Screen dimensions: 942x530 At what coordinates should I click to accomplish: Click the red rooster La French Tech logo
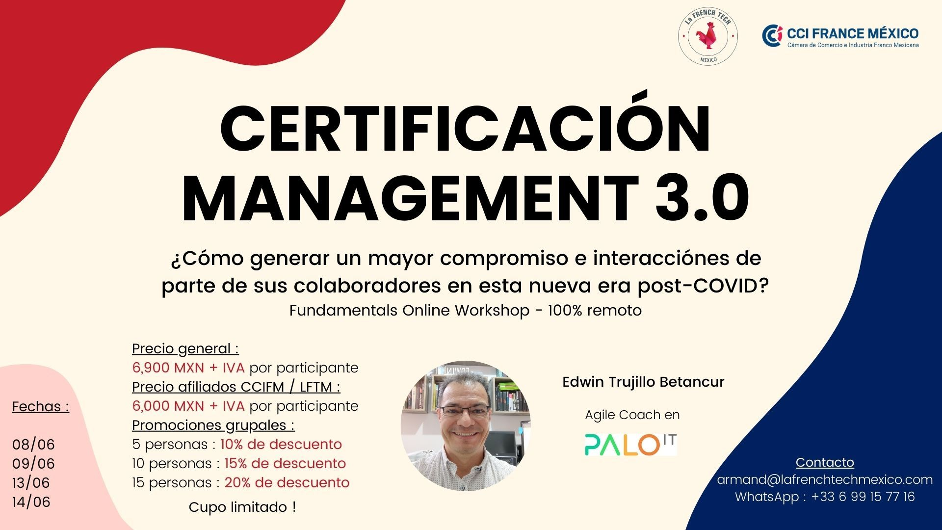[x=708, y=36]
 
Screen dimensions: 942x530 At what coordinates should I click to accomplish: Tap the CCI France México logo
[x=840, y=36]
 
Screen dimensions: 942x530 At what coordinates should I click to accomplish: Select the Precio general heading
[x=185, y=349]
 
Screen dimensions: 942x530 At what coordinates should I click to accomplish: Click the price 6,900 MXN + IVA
[x=188, y=368]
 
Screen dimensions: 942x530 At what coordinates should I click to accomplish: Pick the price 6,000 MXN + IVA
[x=188, y=406]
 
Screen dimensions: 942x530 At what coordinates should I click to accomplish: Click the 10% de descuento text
[x=281, y=444]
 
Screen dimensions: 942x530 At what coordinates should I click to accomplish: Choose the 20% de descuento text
[x=287, y=482]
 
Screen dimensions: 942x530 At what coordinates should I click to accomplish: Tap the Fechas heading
[x=41, y=407]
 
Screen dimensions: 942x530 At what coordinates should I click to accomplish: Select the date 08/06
[x=33, y=445]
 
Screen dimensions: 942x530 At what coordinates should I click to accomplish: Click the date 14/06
[x=31, y=502]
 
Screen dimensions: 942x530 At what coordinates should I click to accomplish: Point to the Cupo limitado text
[x=242, y=507]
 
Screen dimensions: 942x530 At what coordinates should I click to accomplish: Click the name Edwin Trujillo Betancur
[x=643, y=382]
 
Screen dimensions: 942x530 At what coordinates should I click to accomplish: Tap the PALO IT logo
[x=630, y=445]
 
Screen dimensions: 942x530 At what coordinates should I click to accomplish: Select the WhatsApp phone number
[x=863, y=497]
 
